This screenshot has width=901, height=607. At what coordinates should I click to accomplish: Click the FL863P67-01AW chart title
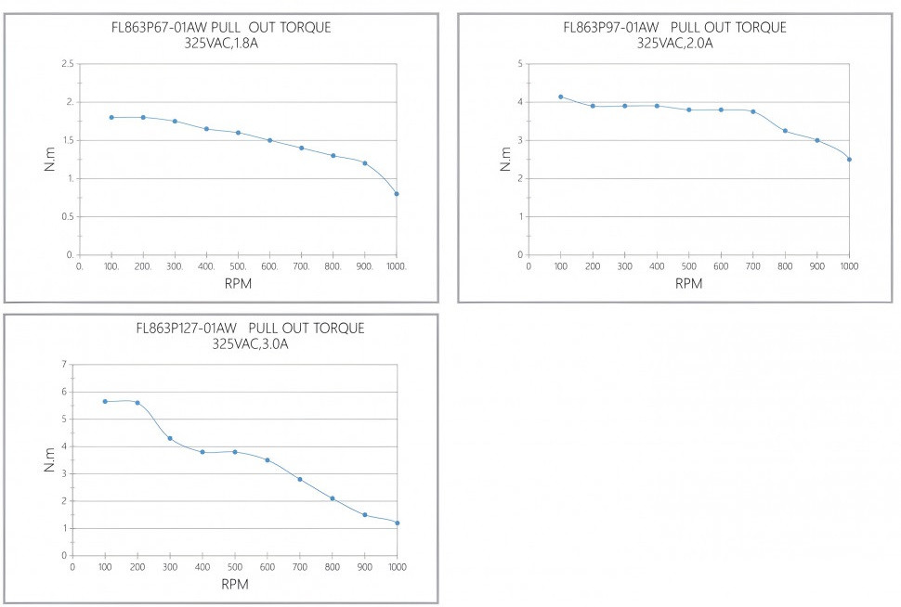220,27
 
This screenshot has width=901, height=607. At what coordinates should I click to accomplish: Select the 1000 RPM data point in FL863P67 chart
397,193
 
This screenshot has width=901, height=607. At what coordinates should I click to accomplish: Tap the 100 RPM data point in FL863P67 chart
111,117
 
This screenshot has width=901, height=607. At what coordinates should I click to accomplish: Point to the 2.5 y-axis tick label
67,63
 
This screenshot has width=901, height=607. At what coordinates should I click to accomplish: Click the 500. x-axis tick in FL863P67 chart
238,265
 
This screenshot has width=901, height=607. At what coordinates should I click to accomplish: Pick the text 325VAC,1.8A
221,43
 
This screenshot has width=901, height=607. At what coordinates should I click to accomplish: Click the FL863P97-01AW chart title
674,27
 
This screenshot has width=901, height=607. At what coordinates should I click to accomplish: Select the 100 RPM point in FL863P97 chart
561,97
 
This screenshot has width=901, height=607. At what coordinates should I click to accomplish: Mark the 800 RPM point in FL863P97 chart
785,131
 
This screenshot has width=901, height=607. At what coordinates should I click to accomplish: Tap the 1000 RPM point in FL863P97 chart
849,159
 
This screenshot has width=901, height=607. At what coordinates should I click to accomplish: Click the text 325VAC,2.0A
674,43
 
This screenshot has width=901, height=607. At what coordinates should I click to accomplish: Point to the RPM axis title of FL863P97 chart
688,283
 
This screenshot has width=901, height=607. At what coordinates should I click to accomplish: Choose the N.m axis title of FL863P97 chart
505,157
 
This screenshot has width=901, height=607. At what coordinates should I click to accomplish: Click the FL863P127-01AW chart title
250,328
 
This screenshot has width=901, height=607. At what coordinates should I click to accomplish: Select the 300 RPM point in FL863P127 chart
170,438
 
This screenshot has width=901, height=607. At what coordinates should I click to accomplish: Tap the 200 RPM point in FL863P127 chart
137,402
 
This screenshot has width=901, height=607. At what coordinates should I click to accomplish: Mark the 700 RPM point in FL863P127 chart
300,479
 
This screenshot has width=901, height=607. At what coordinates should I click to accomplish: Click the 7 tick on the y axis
65,365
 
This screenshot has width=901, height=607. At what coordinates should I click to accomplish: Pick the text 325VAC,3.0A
250,344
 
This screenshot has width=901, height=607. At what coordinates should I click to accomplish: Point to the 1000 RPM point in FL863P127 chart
398,523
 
